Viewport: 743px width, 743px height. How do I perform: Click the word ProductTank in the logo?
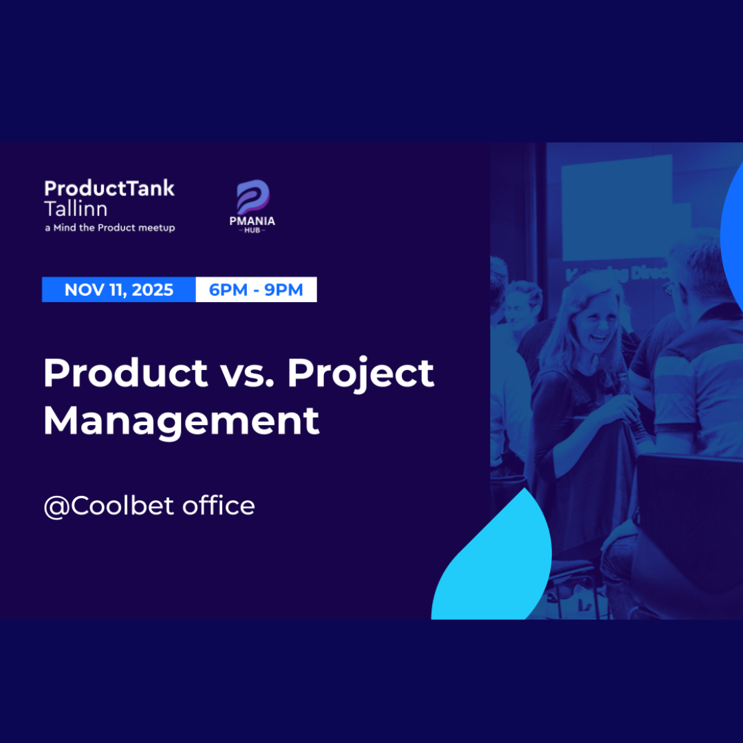point(109,189)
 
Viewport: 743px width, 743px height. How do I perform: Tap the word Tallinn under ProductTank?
point(76,208)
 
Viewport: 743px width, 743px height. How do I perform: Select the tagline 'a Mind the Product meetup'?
point(109,228)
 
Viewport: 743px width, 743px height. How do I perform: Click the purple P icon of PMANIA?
point(252,196)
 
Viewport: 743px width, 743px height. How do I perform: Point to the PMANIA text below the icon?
point(252,221)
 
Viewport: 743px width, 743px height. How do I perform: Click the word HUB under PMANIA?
point(252,230)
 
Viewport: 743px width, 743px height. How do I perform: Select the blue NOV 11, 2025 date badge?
point(119,290)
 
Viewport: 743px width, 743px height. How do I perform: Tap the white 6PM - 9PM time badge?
point(256,290)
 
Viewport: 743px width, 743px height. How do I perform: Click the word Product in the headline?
point(125,374)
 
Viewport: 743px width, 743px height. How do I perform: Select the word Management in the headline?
point(181,420)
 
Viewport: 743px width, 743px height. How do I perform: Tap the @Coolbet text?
point(109,506)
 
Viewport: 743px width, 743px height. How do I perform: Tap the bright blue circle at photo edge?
point(732,227)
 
